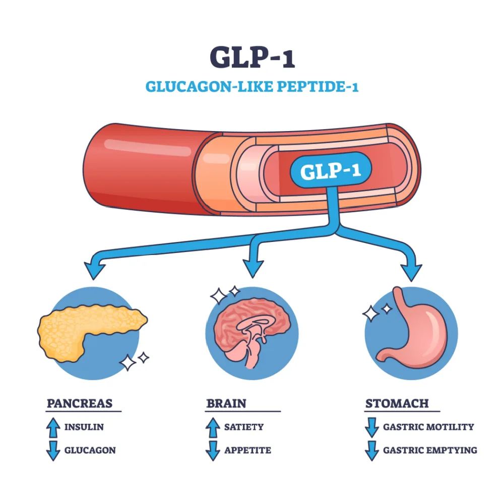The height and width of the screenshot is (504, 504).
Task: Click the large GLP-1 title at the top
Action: click(x=252, y=57)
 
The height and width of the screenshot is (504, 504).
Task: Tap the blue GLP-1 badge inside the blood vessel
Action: click(x=330, y=171)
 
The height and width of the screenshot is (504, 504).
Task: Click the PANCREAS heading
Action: click(x=80, y=403)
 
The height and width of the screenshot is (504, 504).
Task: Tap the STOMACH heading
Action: click(x=397, y=403)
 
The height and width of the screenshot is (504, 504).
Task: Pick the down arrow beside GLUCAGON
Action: click(x=53, y=450)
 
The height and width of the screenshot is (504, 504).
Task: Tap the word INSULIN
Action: click(x=84, y=427)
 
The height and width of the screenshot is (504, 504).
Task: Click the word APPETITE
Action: click(x=247, y=450)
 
